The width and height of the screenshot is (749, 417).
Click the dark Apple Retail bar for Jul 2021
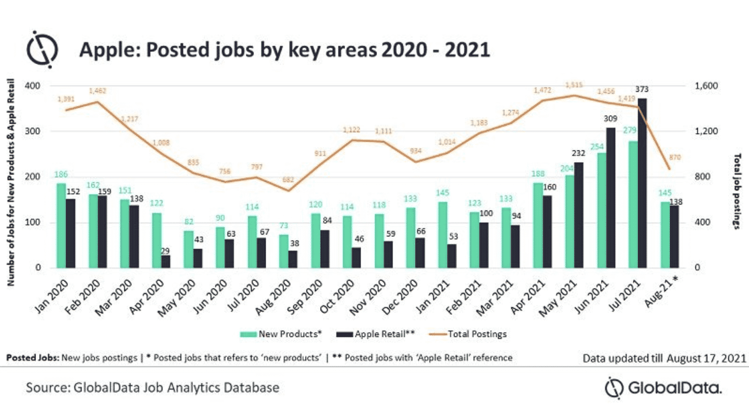[642, 183]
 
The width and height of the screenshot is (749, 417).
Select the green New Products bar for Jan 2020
[61, 226]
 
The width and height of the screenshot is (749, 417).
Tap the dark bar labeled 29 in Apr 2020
[166, 261]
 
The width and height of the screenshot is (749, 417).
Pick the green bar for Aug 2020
[284, 251]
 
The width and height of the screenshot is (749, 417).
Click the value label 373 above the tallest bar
[642, 89]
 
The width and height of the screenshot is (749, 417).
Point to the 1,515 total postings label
[574, 85]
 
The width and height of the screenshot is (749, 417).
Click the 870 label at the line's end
[675, 157]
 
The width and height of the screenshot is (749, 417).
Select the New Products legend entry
[281, 334]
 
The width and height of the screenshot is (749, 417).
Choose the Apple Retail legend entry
[376, 334]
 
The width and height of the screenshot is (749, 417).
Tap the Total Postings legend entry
[468, 334]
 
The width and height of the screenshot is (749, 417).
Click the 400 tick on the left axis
[32, 86]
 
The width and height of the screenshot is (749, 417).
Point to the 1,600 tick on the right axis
[706, 86]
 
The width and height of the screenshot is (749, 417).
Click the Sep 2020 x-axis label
[304, 297]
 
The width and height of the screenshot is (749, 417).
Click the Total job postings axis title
[737, 191]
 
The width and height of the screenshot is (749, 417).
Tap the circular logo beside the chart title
[42, 49]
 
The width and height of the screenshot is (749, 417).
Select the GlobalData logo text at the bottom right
[674, 388]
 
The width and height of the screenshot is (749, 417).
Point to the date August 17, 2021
[706, 358]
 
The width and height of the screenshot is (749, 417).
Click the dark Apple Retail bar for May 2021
[579, 215]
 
